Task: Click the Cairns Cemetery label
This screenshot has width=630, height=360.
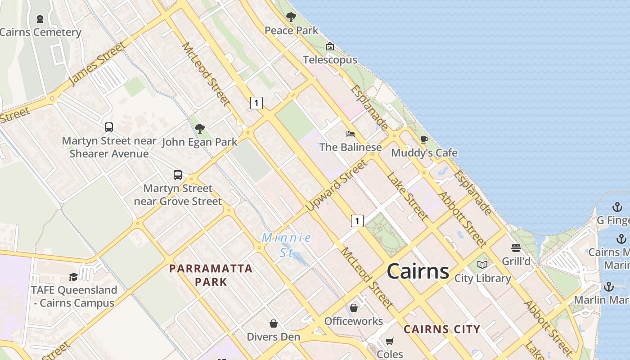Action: (x=40, y=32)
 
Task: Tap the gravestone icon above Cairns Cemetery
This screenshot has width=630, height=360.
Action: (x=40, y=19)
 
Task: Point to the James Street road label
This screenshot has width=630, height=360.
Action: (x=97, y=63)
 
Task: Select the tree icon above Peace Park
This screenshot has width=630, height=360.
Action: (x=291, y=18)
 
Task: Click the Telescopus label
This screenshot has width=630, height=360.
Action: (x=330, y=60)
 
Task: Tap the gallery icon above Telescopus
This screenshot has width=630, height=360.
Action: (x=330, y=46)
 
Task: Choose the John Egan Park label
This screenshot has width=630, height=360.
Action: (x=199, y=142)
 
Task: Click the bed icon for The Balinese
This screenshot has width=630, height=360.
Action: (x=350, y=134)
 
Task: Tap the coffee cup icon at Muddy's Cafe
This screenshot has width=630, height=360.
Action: (x=424, y=139)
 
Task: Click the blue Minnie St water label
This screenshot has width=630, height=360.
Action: (x=287, y=244)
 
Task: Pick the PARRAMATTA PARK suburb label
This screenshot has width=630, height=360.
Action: (x=211, y=275)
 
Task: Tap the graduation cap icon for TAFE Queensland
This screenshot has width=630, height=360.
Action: (x=73, y=277)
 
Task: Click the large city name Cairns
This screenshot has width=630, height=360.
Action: (x=418, y=271)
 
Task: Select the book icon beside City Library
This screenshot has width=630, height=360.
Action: (x=482, y=265)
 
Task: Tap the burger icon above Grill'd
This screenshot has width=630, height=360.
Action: (x=516, y=248)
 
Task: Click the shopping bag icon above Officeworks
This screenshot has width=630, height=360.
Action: (x=354, y=308)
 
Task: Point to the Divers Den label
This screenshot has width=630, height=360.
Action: (x=273, y=337)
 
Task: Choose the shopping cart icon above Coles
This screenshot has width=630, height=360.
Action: (x=390, y=341)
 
